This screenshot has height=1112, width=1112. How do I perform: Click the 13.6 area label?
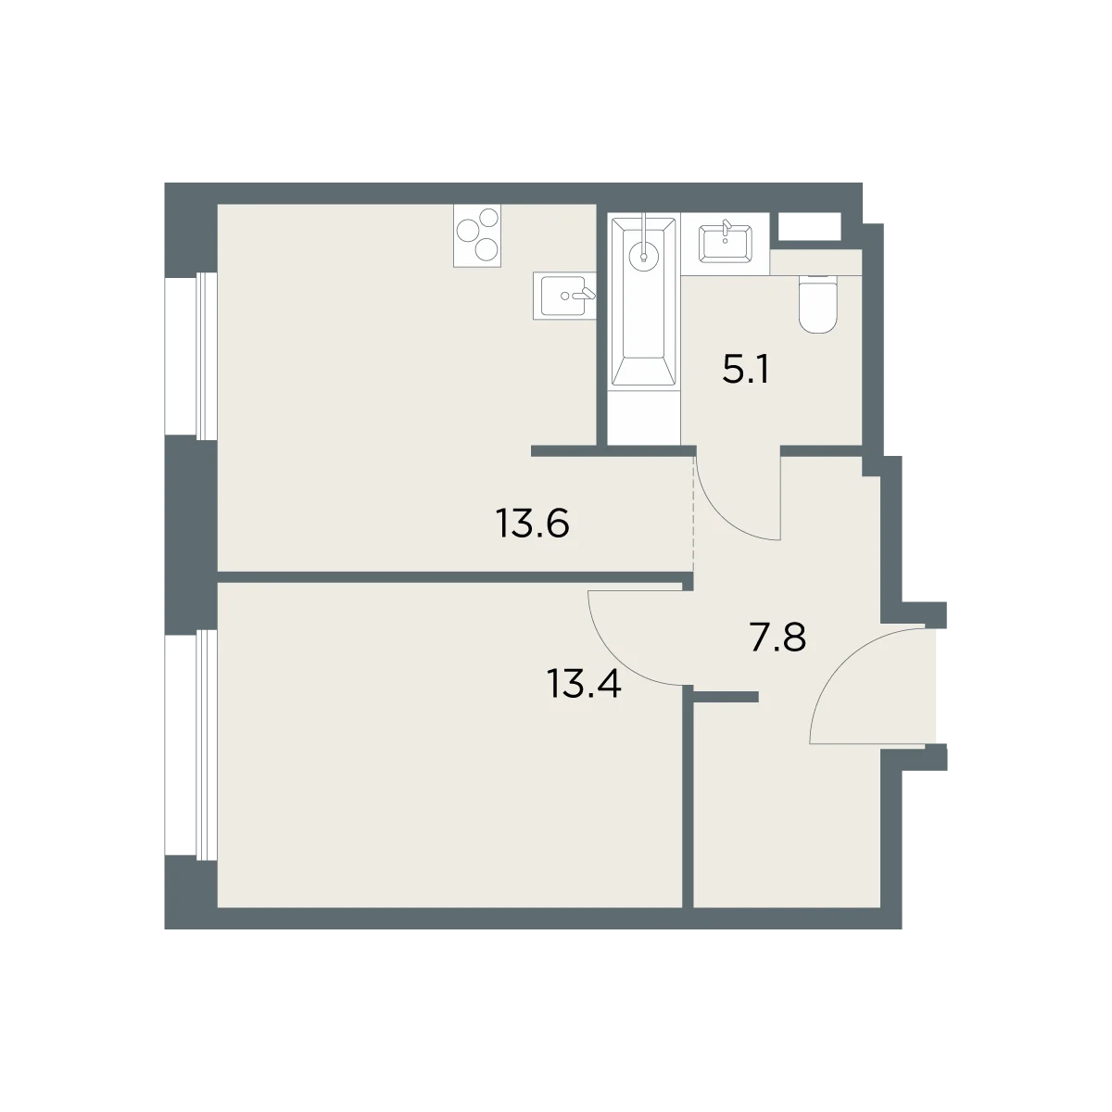(x=532, y=524)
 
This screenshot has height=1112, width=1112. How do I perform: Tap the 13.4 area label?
(x=584, y=684)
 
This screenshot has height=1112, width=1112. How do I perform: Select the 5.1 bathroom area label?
(x=745, y=370)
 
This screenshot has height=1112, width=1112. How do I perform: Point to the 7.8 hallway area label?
(x=777, y=637)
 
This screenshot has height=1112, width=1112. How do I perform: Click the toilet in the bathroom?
(x=817, y=304)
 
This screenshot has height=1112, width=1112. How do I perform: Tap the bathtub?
(x=643, y=301)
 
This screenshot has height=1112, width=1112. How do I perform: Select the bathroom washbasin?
(x=725, y=244)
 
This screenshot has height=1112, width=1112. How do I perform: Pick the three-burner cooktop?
(x=476, y=236)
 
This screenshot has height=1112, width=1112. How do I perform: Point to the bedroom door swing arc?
(x=616, y=659)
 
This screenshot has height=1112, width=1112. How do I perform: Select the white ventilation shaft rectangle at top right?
(x=809, y=226)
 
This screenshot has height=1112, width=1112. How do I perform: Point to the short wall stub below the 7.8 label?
(x=726, y=697)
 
